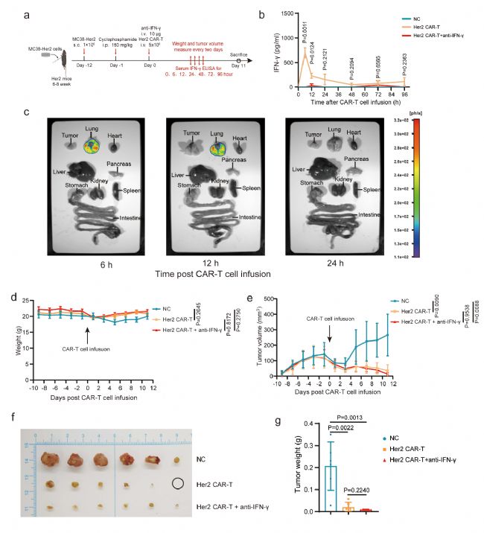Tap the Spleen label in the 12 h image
click(x=249, y=189)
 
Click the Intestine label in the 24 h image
click(x=372, y=214)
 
